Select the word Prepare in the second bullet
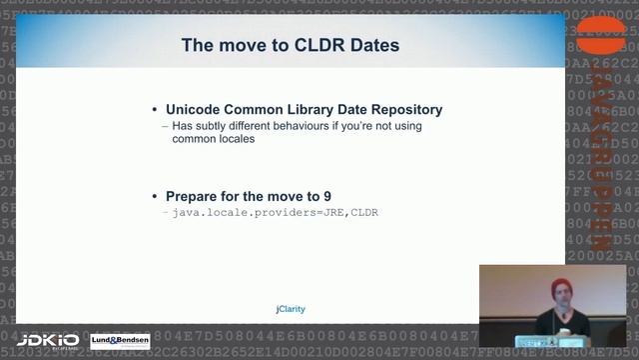click(195, 195)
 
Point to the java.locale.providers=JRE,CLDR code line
click(276, 212)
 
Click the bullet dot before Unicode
click(154, 110)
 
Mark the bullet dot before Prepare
click(154, 196)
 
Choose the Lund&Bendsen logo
click(120, 342)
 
